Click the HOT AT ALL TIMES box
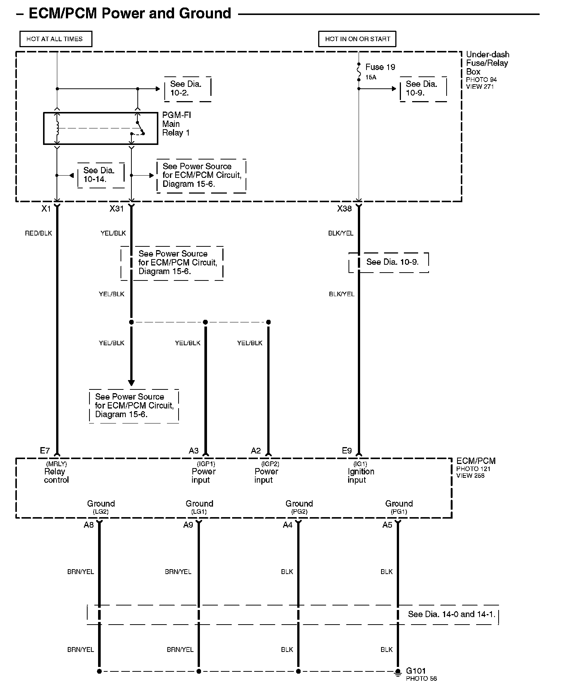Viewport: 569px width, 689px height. coord(55,39)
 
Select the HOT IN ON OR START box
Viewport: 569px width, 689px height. coord(357,39)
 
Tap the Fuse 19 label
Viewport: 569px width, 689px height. coord(380,67)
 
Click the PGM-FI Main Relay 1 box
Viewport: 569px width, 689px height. coord(100,128)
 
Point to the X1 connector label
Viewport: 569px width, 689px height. coord(46,209)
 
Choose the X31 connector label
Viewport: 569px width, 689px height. coord(116,209)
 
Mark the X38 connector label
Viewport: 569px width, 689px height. coord(344,209)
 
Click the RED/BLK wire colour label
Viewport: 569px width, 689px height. coord(38,233)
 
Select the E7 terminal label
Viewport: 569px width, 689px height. coord(45,450)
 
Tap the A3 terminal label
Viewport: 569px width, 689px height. coord(194,451)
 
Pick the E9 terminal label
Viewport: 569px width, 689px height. coord(347,451)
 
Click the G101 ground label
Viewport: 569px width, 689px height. coord(416,671)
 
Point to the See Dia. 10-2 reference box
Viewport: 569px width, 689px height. coord(188,89)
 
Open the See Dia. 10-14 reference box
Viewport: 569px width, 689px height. coord(100,175)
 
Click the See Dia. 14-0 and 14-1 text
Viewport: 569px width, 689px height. coord(451,614)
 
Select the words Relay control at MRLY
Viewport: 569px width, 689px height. coord(56,476)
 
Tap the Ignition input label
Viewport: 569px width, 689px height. coord(360,476)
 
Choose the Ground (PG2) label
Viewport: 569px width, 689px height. coord(299,507)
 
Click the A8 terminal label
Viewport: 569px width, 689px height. coord(89,525)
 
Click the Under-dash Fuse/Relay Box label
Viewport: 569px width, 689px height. coord(487,63)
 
